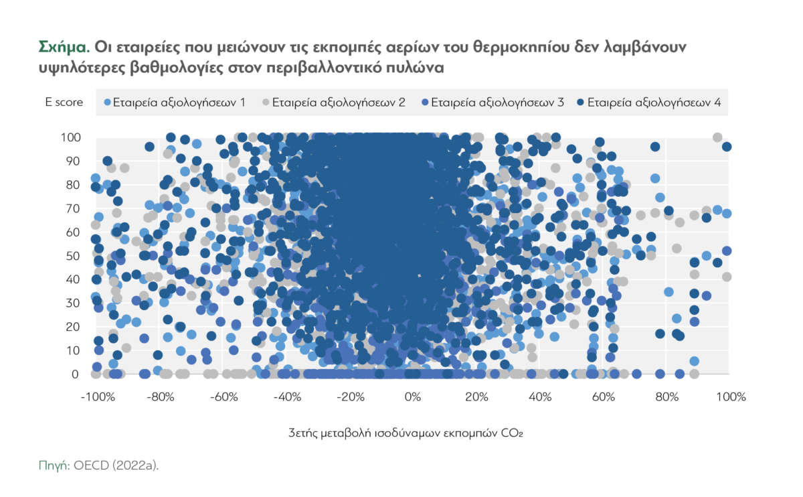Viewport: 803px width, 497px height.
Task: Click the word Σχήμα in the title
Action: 62,48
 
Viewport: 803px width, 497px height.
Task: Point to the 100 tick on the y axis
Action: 72,137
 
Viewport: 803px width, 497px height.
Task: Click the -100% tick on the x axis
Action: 96,397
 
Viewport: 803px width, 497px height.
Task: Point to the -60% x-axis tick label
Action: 223,397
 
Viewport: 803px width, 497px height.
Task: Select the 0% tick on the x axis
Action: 413,397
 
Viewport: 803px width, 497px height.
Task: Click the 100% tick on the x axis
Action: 731,397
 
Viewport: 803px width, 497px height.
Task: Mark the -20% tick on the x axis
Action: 350,397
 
